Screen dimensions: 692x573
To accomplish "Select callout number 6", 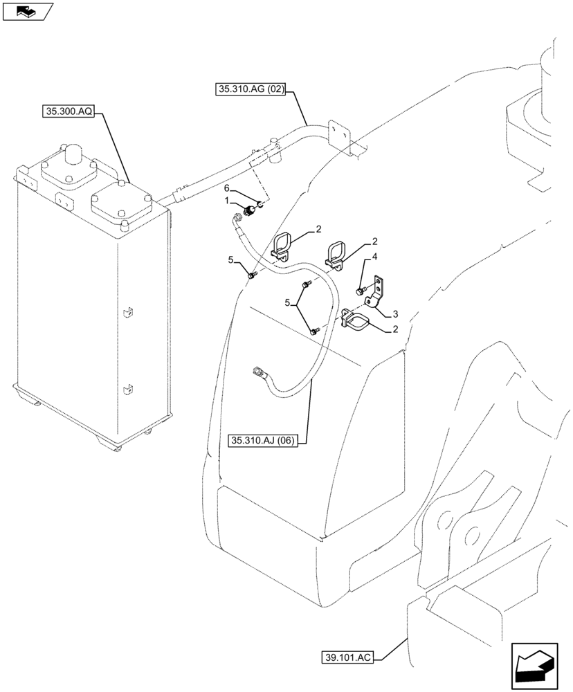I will (x=226, y=188).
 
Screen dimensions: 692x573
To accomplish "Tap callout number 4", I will (x=374, y=257).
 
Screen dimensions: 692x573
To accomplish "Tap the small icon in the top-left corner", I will (x=28, y=12).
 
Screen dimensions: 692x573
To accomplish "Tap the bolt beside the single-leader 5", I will (x=252, y=275).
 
